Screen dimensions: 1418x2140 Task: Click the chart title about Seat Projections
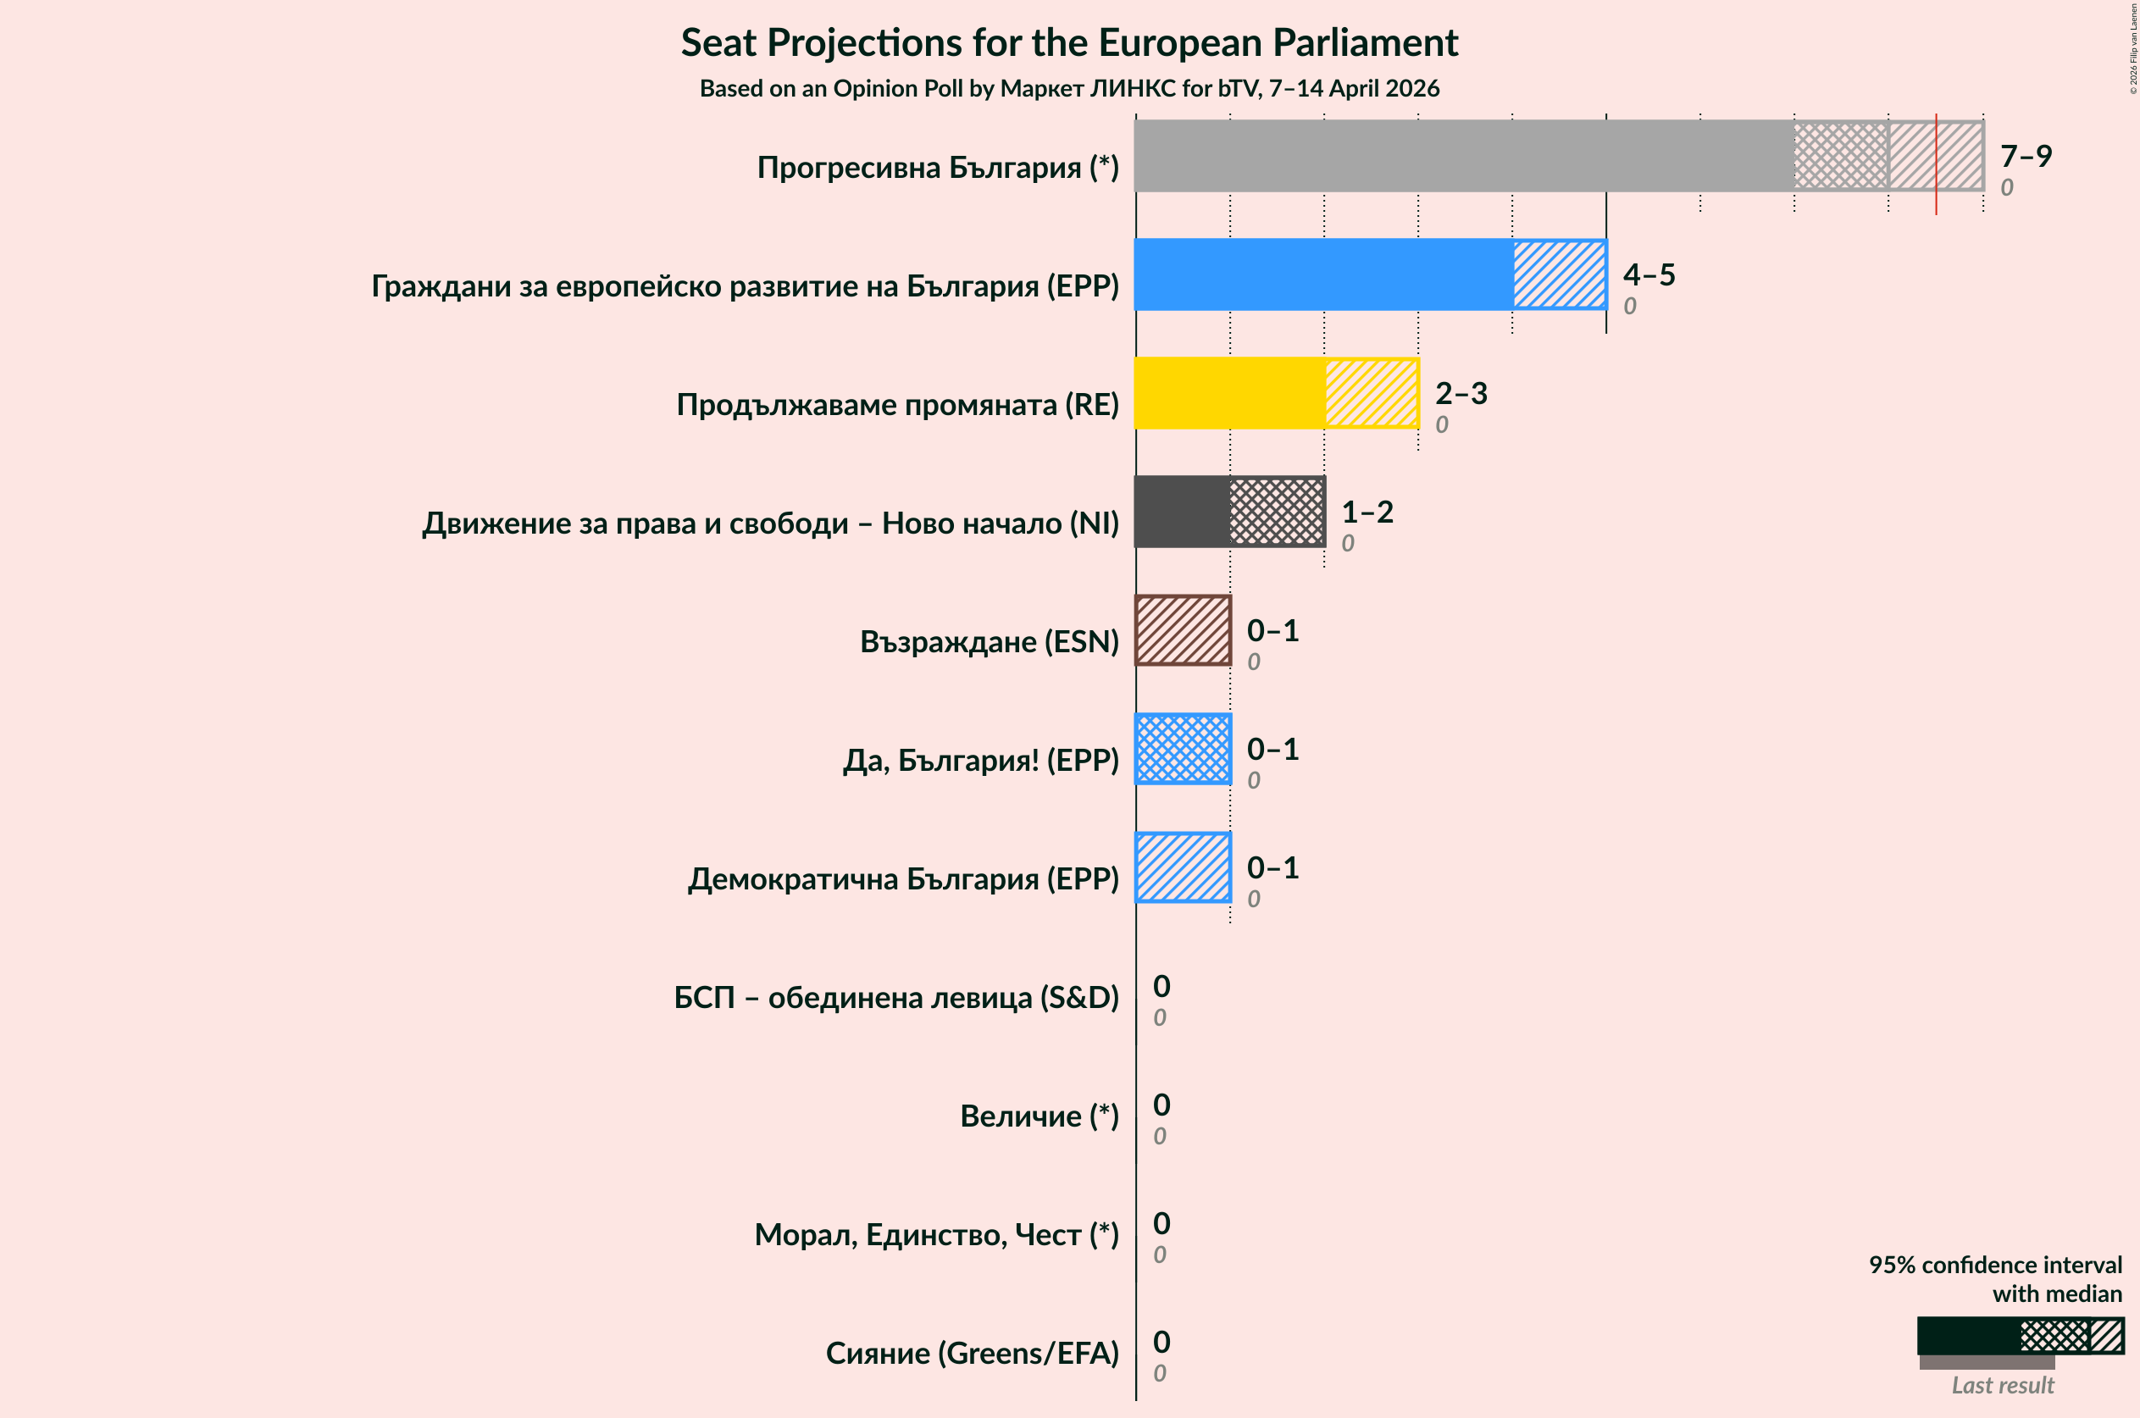[1069, 42]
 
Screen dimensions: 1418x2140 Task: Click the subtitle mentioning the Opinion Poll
[1069, 89]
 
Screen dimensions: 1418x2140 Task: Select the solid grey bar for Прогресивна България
[1463, 156]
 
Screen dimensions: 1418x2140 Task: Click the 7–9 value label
[2025, 156]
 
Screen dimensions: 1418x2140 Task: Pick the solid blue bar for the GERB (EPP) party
[1322, 274]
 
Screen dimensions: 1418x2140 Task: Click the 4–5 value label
[1648, 274]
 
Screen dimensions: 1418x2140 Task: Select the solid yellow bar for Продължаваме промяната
[1228, 392]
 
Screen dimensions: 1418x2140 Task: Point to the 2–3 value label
[1460, 392]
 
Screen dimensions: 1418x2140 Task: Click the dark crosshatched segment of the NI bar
[1276, 512]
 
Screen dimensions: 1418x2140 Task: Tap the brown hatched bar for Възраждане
[1182, 630]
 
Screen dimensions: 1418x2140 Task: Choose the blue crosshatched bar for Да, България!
[1182, 749]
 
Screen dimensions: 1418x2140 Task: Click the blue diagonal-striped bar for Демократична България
[1182, 867]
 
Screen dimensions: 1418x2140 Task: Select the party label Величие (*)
[1039, 1116]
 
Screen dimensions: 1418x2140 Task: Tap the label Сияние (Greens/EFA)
[972, 1353]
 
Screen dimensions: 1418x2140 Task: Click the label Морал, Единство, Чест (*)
[936, 1234]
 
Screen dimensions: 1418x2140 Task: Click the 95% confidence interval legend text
[1994, 1279]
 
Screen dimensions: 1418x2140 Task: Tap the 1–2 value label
[1366, 512]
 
